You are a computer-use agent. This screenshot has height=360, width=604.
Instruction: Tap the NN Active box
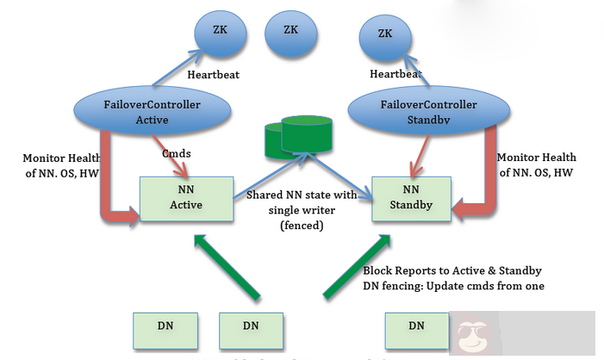185,198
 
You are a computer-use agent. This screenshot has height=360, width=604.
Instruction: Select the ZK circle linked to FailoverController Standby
385,35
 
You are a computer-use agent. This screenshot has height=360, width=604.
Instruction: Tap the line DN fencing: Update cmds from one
452,285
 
